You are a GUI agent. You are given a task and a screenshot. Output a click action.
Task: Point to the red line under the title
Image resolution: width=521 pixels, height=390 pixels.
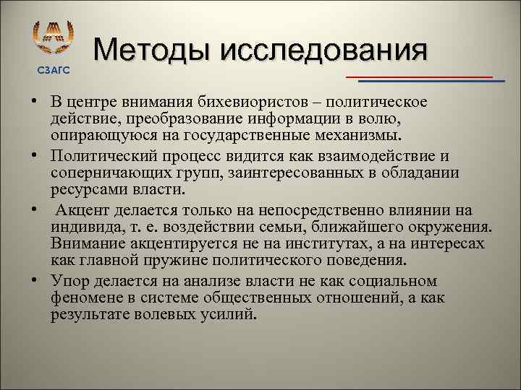pyautogui.click(x=419, y=76)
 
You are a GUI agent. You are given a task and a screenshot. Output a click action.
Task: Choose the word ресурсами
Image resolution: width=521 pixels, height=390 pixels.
pyautogui.click(x=84, y=190)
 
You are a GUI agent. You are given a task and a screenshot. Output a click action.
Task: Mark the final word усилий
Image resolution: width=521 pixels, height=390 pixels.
pyautogui.click(x=232, y=315)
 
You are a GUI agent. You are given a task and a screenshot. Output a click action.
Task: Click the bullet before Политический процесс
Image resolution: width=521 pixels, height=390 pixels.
pyautogui.click(x=35, y=156)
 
